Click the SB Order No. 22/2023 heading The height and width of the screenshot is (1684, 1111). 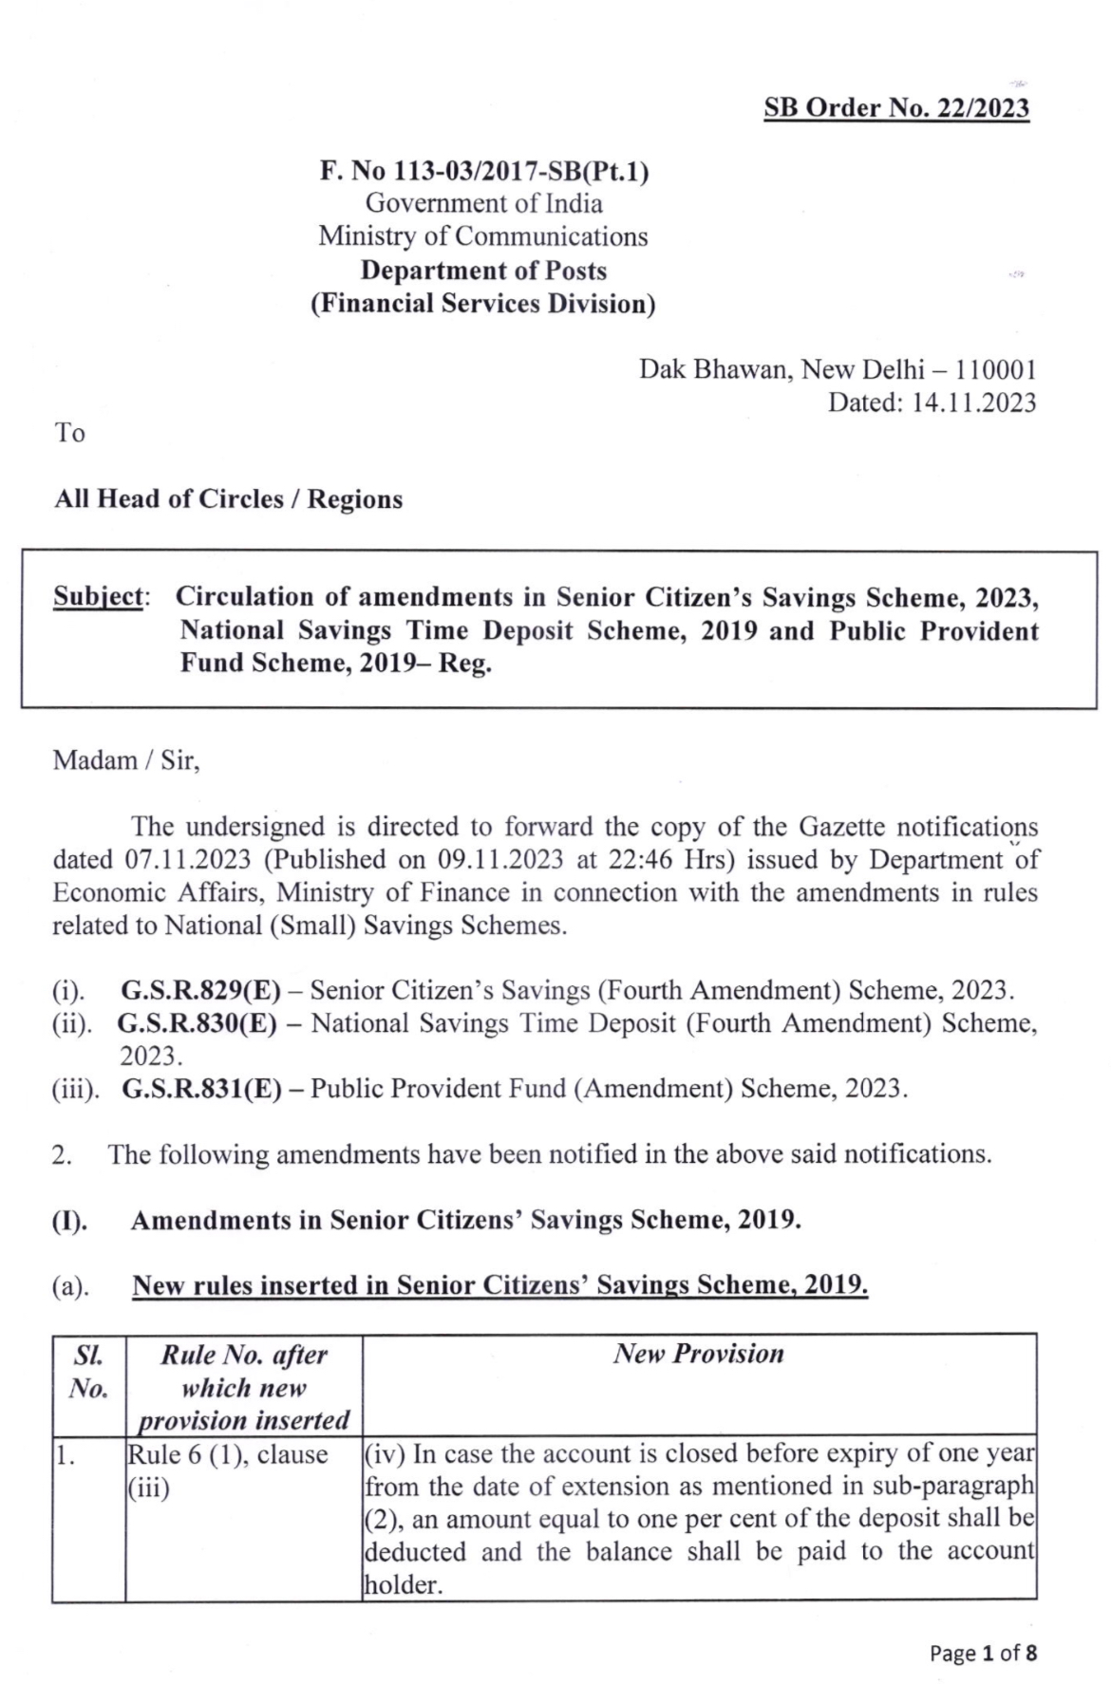(896, 108)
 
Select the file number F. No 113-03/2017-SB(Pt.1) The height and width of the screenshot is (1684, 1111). (483, 172)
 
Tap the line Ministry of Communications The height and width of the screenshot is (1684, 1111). (483, 236)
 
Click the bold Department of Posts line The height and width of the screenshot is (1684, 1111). (483, 271)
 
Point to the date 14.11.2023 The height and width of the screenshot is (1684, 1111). (973, 402)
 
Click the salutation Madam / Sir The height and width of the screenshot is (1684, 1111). (126, 761)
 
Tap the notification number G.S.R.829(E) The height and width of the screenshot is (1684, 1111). (200, 991)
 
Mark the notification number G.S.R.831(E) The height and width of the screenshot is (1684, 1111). (201, 1089)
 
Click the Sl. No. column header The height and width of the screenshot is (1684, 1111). (88, 1372)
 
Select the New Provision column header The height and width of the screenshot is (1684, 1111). (699, 1355)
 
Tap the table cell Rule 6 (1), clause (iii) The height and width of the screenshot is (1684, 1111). (228, 1470)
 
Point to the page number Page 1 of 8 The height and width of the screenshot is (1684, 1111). (983, 1654)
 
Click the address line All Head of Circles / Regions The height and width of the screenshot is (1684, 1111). (229, 499)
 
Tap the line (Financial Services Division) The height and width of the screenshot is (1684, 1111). (483, 304)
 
